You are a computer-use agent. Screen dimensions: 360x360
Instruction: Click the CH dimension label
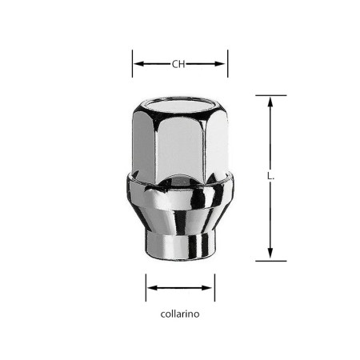pyautogui.click(x=180, y=63)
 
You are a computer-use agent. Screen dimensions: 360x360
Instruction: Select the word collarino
pyautogui.click(x=180, y=314)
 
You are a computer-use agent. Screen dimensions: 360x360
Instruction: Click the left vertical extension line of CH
pyautogui.click(x=132, y=64)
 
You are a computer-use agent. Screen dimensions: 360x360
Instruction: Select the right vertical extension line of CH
pyautogui.click(x=228, y=64)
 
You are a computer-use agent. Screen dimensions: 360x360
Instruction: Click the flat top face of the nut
pyautogui.click(x=180, y=105)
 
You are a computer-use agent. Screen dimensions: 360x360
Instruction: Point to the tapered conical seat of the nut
pyautogui.click(x=179, y=212)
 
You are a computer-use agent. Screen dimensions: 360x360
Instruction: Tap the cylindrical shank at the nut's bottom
pyautogui.click(x=179, y=243)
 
